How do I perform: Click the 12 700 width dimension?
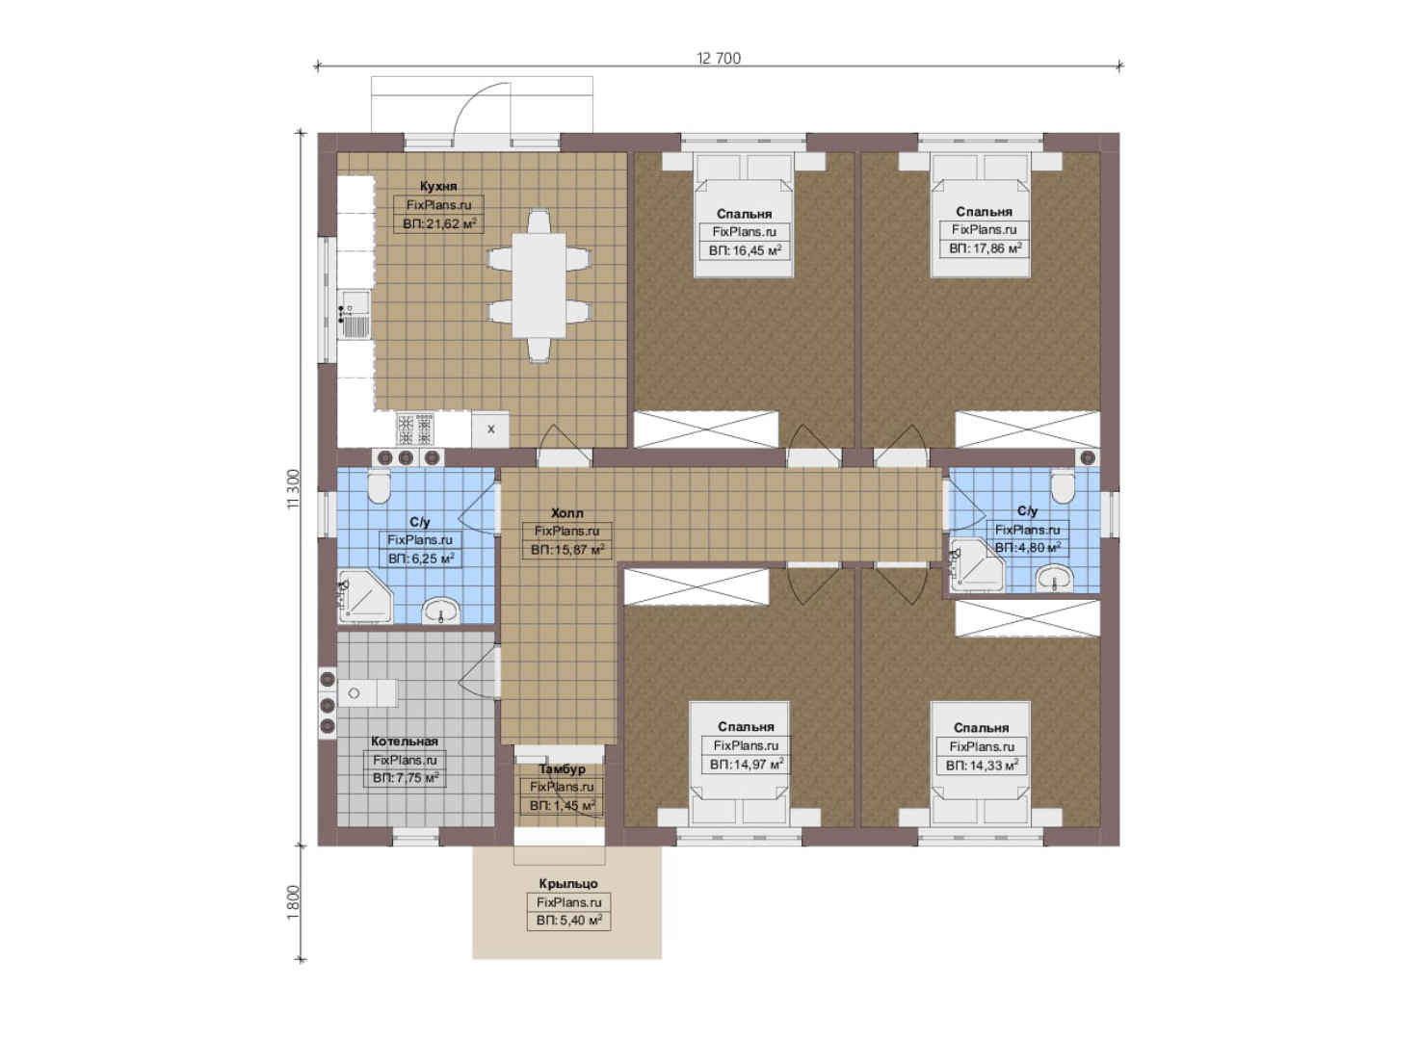coord(719,59)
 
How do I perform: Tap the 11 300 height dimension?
coord(292,489)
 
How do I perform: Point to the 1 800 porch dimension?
coord(292,902)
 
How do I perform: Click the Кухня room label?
coord(438,186)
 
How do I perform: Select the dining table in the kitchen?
coord(539,286)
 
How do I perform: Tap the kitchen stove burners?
coord(415,429)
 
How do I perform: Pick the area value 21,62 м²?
coord(439,223)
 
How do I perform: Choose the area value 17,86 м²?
coord(986,248)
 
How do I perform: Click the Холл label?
coord(566,512)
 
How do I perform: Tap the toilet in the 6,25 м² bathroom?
coord(380,486)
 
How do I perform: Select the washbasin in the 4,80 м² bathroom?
coord(1054,578)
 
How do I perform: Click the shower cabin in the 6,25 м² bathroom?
coord(364,596)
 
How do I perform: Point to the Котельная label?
coord(405,741)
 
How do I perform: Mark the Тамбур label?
coord(562,768)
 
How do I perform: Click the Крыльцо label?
coord(568,883)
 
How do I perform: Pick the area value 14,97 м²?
coord(747,765)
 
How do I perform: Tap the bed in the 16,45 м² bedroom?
coord(745,215)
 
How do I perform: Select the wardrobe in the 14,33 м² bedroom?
coord(1028,617)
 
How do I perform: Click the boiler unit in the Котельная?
coord(367,693)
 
